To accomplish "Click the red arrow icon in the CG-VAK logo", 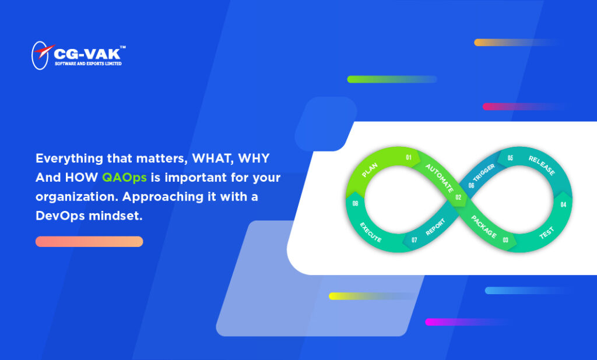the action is click(x=44, y=51).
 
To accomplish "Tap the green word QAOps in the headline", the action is click(x=125, y=178).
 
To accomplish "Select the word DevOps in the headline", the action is click(x=60, y=216).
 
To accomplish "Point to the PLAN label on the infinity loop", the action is click(x=370, y=170).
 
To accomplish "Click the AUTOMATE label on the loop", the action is click(x=440, y=178).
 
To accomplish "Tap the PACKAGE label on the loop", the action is click(x=484, y=227).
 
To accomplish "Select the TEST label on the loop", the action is click(x=546, y=233).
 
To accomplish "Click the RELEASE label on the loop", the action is click(x=542, y=165).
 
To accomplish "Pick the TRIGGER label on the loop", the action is click(x=483, y=172).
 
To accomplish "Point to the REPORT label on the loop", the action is click(x=435, y=227).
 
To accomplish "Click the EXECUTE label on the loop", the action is click(x=370, y=232).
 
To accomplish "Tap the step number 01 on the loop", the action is click(x=409, y=157).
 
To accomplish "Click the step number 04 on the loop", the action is click(x=564, y=204).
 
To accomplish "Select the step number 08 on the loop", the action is click(x=355, y=203).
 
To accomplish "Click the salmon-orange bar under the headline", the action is click(x=89, y=242).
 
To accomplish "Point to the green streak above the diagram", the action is click(x=392, y=79).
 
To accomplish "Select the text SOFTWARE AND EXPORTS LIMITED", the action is click(x=89, y=63).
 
